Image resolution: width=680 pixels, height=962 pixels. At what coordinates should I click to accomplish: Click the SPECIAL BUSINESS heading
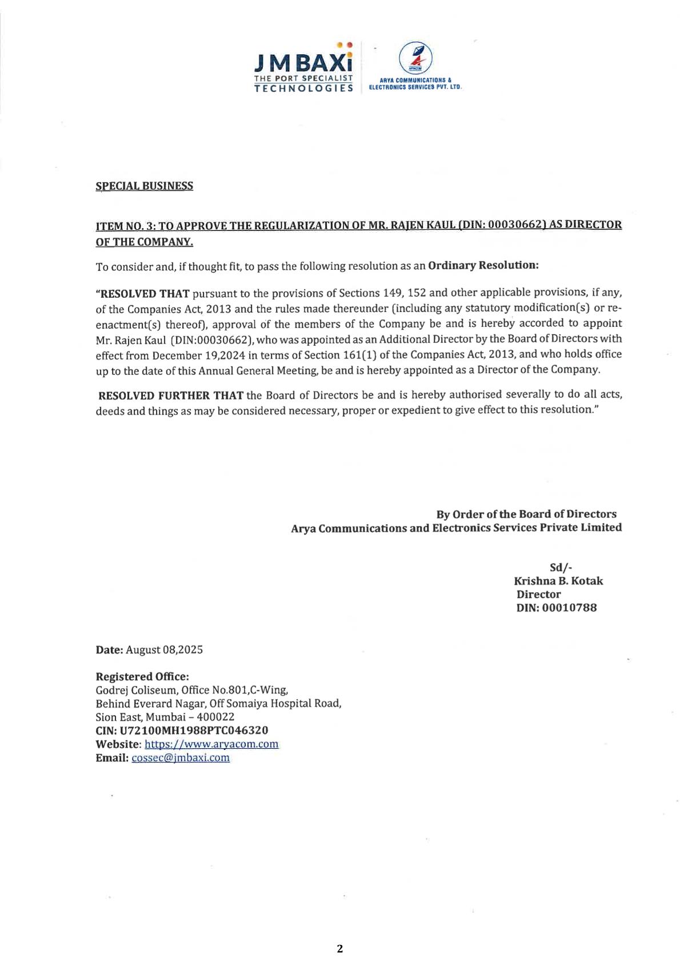coord(144,186)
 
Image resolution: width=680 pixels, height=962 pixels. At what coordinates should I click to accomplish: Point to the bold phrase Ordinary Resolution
coord(483,265)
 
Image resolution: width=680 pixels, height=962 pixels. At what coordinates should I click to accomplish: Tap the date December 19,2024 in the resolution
coord(199,355)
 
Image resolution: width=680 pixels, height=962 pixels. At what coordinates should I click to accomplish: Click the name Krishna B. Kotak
coord(558,581)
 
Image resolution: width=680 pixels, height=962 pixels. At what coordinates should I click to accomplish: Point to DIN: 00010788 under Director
coord(556,608)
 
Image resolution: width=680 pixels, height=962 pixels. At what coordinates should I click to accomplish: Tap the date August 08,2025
coord(164,650)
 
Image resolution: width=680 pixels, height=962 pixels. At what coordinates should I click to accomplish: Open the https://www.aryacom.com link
coord(211,744)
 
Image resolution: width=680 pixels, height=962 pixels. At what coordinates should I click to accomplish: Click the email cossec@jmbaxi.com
coord(181,758)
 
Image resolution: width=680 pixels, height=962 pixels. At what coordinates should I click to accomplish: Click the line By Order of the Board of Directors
coord(526,514)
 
